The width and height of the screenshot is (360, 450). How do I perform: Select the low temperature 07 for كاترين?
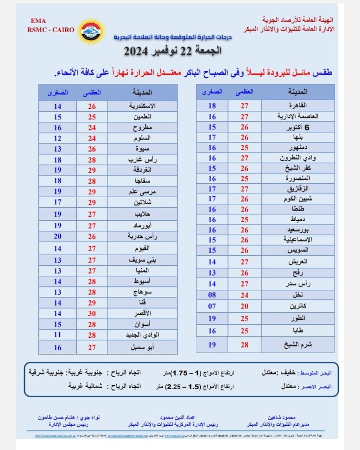click(212, 306)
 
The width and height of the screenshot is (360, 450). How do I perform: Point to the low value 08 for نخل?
click(212, 296)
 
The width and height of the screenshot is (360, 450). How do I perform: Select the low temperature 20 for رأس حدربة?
click(58, 237)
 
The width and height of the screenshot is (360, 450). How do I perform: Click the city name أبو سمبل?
click(137, 347)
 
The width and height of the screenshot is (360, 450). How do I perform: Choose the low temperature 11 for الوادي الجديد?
click(58, 334)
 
